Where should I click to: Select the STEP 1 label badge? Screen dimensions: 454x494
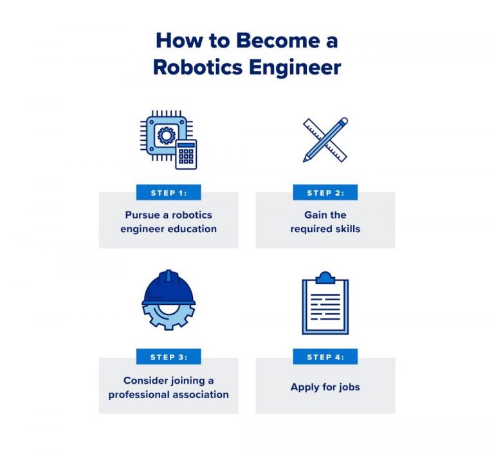(x=169, y=193)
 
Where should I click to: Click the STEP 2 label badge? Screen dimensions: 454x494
(x=325, y=193)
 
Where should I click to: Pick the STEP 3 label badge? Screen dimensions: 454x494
(x=169, y=357)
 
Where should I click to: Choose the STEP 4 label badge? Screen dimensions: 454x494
(x=325, y=357)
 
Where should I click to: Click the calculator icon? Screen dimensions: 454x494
(x=186, y=154)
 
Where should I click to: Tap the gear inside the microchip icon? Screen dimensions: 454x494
(x=166, y=134)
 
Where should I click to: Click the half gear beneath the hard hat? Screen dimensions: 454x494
(x=169, y=315)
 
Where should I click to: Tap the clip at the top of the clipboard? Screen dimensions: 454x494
(x=325, y=278)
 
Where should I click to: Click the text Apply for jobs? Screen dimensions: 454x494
(x=325, y=387)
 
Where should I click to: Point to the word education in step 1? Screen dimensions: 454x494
(x=192, y=229)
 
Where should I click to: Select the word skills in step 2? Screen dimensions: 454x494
(x=347, y=229)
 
